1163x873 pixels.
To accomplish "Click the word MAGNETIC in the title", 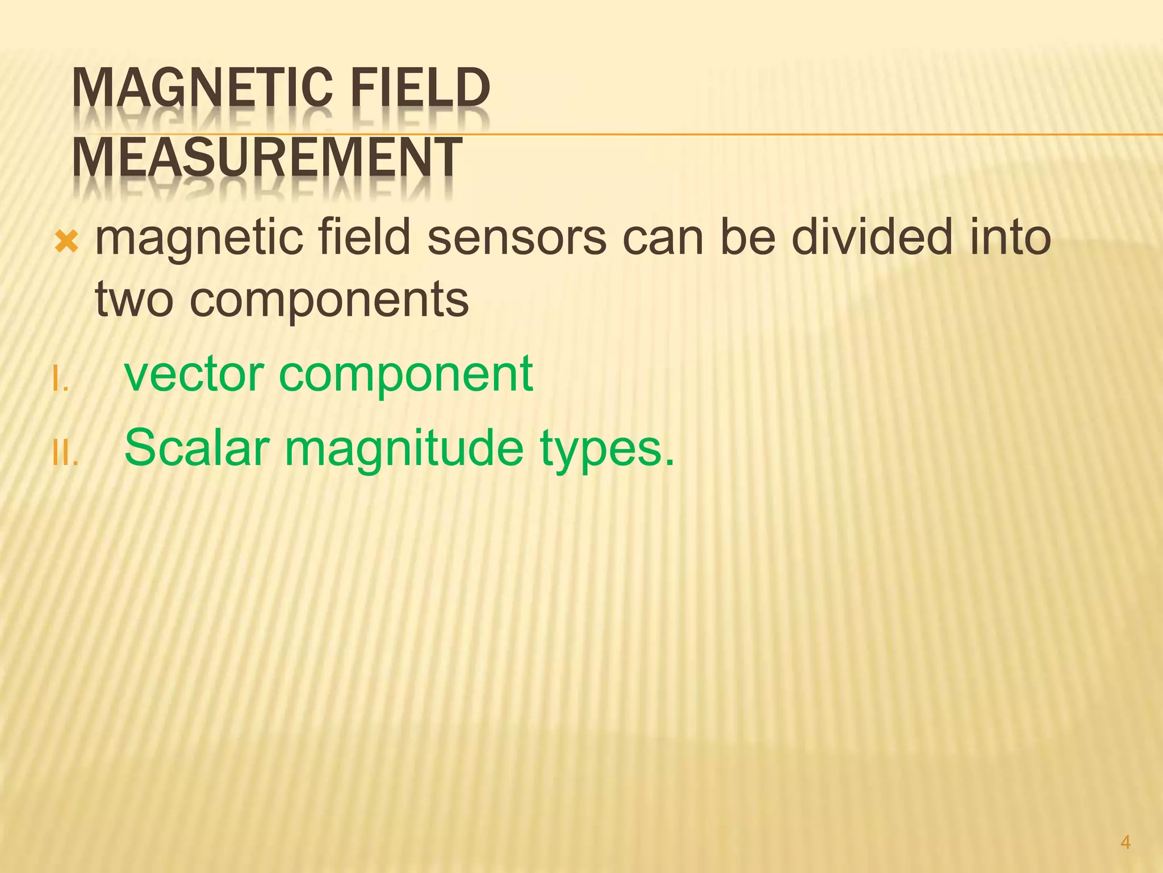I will pos(202,88).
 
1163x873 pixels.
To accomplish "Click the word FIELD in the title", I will pos(420,88).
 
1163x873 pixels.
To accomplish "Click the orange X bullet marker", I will pos(66,243).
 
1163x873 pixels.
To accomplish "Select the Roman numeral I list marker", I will pos(60,380).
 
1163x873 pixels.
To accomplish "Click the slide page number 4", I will pos(1126,842).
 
